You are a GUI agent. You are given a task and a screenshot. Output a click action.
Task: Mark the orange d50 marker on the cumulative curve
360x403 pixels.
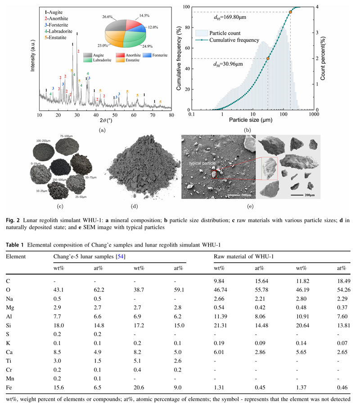tap(268, 58)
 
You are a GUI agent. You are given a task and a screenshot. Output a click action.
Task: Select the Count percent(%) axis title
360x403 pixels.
tap(323, 58)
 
